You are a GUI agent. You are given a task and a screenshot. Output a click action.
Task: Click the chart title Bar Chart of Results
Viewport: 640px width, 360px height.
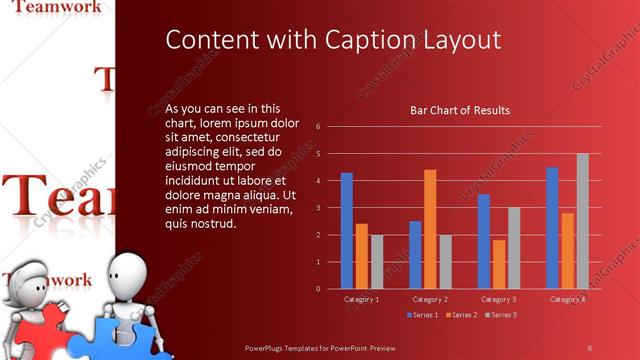[x=460, y=110]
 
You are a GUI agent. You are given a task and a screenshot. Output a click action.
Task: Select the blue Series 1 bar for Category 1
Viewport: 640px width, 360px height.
[x=346, y=230]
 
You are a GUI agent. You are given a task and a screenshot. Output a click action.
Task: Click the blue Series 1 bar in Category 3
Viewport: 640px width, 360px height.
[x=484, y=241]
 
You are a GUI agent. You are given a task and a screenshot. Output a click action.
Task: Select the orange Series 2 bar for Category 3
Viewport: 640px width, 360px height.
[x=499, y=264]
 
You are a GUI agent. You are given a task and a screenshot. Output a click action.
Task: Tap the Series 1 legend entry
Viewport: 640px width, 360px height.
[x=423, y=315]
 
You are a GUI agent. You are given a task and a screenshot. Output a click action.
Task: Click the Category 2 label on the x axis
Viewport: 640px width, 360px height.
[x=430, y=299]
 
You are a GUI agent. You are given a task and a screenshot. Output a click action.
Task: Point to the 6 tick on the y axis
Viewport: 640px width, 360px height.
[x=317, y=127]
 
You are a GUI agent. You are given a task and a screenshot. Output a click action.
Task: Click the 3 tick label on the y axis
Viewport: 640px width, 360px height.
[x=317, y=208]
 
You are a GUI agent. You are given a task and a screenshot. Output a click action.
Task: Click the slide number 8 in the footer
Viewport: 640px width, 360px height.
[x=589, y=347]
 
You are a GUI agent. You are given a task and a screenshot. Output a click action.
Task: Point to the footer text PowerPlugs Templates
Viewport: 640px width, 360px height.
[x=290, y=347]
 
